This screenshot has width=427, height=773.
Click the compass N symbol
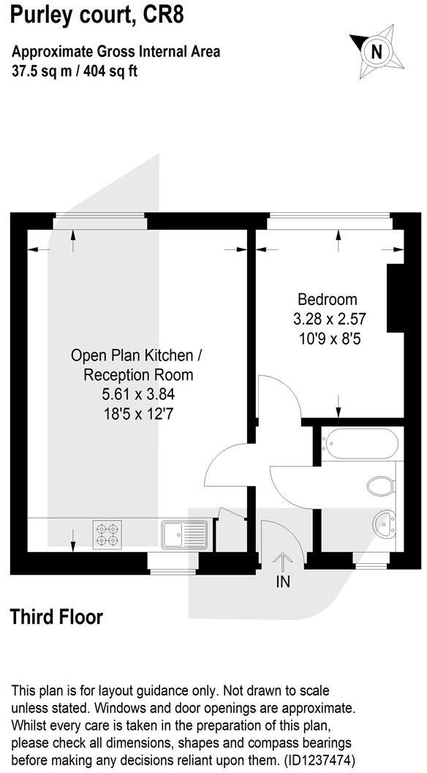point(377,51)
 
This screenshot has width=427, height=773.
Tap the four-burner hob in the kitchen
point(106,533)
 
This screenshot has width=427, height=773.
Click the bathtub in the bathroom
point(360,443)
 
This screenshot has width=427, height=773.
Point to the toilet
point(381,485)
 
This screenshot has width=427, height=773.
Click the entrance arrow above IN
point(282,561)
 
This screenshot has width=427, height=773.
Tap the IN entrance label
point(283,583)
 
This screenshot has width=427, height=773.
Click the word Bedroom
point(328,299)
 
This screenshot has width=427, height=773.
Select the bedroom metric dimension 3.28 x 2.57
point(329,319)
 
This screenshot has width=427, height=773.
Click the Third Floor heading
point(56,616)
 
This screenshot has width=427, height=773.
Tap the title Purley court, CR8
point(97,15)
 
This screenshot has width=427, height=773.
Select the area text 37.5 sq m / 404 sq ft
point(75,71)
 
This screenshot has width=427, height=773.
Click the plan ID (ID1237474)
point(314,758)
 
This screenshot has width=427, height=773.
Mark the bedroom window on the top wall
point(328,216)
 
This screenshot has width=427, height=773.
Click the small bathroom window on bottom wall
point(371,561)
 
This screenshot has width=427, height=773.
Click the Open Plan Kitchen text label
point(135,355)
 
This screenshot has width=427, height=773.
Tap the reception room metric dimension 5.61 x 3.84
point(138,394)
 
